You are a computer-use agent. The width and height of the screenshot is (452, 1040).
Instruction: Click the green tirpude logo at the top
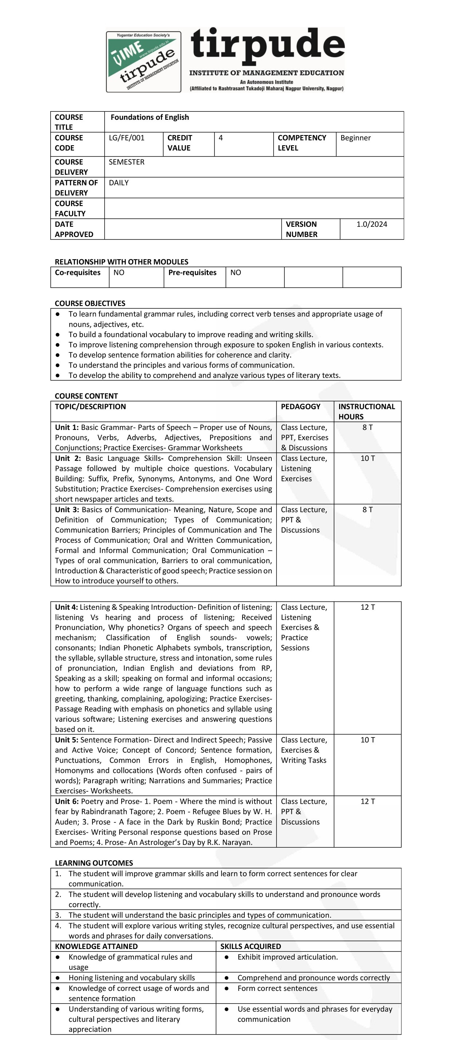pos(144,62)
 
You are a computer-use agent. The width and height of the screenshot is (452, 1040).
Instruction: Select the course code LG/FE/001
pos(126,138)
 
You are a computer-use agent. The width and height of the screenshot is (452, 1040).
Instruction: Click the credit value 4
pos(221,138)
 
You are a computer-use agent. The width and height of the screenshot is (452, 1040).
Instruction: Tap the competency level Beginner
pos(355,138)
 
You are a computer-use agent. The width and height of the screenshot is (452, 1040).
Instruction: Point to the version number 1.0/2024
pos(371,225)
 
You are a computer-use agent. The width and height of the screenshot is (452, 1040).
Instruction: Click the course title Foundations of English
pos(149,118)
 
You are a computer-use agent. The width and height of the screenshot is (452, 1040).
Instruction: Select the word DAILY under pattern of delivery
pos(119,183)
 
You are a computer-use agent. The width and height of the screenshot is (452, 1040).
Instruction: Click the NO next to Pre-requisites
pos(236,273)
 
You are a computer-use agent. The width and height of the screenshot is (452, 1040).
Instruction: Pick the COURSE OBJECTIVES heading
pos(90,303)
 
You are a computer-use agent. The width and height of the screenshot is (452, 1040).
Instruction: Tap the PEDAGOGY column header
pos(300,407)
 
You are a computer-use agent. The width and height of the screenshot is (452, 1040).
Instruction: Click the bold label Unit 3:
pos(67,510)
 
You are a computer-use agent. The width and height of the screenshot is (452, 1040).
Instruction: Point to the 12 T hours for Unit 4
pos(367,607)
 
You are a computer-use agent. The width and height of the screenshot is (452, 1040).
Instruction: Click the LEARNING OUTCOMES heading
pos(94,863)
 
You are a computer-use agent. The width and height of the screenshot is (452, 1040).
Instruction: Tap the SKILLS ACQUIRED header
pos(251,946)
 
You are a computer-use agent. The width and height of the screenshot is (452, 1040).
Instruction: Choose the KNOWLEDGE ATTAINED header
pos(96,946)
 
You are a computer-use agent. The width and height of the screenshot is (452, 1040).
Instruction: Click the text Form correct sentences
pos(277,988)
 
